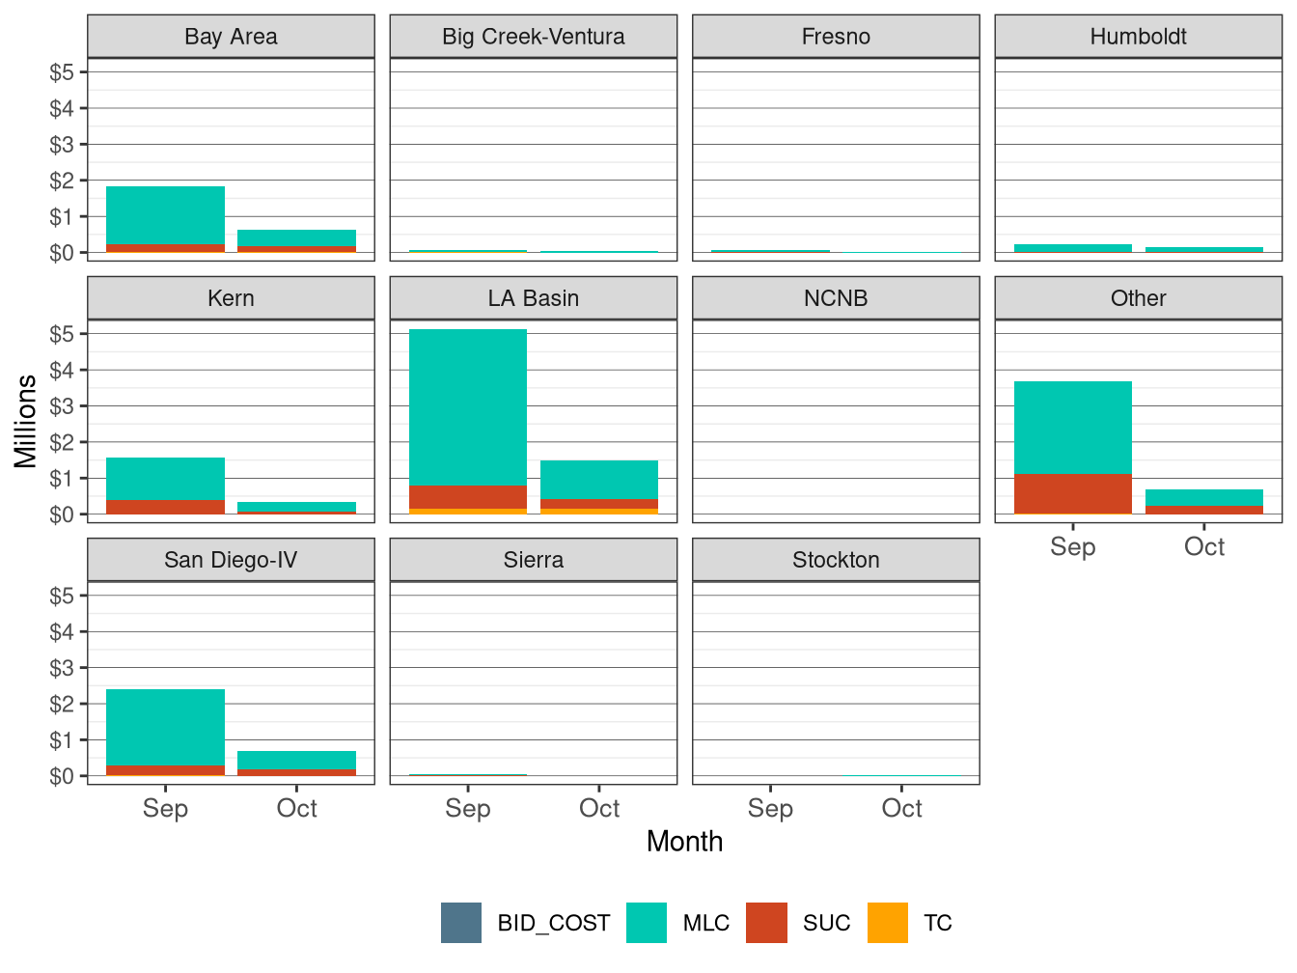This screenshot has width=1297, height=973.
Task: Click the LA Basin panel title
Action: coord(533,298)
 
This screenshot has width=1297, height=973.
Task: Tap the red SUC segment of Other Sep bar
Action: coord(1072,493)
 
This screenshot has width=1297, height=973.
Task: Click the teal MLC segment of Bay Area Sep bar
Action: coord(165,215)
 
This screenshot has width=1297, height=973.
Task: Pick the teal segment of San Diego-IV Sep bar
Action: coord(165,727)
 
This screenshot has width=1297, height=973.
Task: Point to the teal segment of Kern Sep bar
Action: coord(165,479)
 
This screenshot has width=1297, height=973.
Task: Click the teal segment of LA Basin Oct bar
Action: coord(599,480)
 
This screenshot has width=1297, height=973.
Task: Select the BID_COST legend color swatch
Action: coord(461,923)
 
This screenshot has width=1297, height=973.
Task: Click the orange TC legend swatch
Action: coord(888,923)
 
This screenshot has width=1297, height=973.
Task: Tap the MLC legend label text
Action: coord(705,923)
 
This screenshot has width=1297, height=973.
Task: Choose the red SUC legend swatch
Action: coord(767,923)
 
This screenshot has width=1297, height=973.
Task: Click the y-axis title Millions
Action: coord(26,421)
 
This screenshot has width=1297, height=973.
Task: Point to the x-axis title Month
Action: coord(684,842)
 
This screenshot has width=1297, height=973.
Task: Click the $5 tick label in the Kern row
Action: coord(62,334)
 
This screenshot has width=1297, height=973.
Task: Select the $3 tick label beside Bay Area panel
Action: coord(62,145)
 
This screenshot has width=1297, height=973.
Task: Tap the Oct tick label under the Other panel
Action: coord(1203,547)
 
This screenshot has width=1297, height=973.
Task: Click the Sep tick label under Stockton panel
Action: coord(770,809)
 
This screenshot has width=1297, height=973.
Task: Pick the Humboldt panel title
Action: coord(1138,37)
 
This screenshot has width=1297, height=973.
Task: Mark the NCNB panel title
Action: coord(836,298)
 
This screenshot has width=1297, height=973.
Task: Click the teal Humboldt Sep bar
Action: coord(1072,248)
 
